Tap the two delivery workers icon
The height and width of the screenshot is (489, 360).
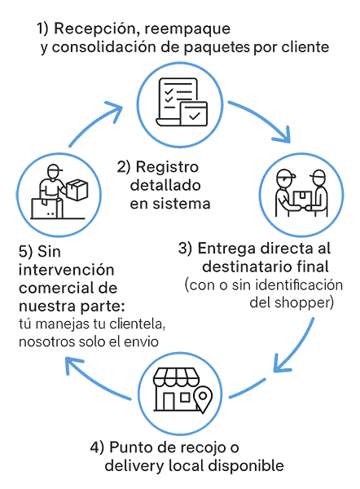coord(301,193)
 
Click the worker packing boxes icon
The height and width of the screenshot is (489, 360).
coord(59,192)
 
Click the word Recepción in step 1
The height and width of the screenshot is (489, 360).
coord(94,29)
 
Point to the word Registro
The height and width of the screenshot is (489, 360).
coord(167,167)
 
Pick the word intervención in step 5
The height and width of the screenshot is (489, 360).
coord(66,270)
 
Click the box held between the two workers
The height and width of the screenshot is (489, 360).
coord(301,198)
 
